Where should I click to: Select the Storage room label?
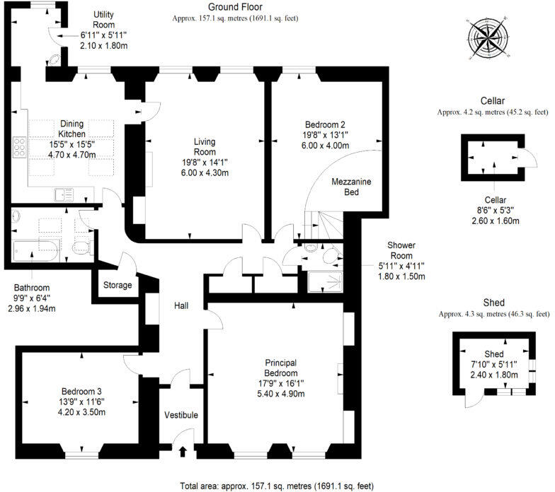(x=118, y=285)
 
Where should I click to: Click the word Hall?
(x=182, y=305)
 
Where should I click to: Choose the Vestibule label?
(x=181, y=414)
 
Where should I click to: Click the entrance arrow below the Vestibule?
(x=183, y=451)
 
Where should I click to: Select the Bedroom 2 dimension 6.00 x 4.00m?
(x=325, y=146)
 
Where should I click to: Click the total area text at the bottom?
(x=277, y=486)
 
